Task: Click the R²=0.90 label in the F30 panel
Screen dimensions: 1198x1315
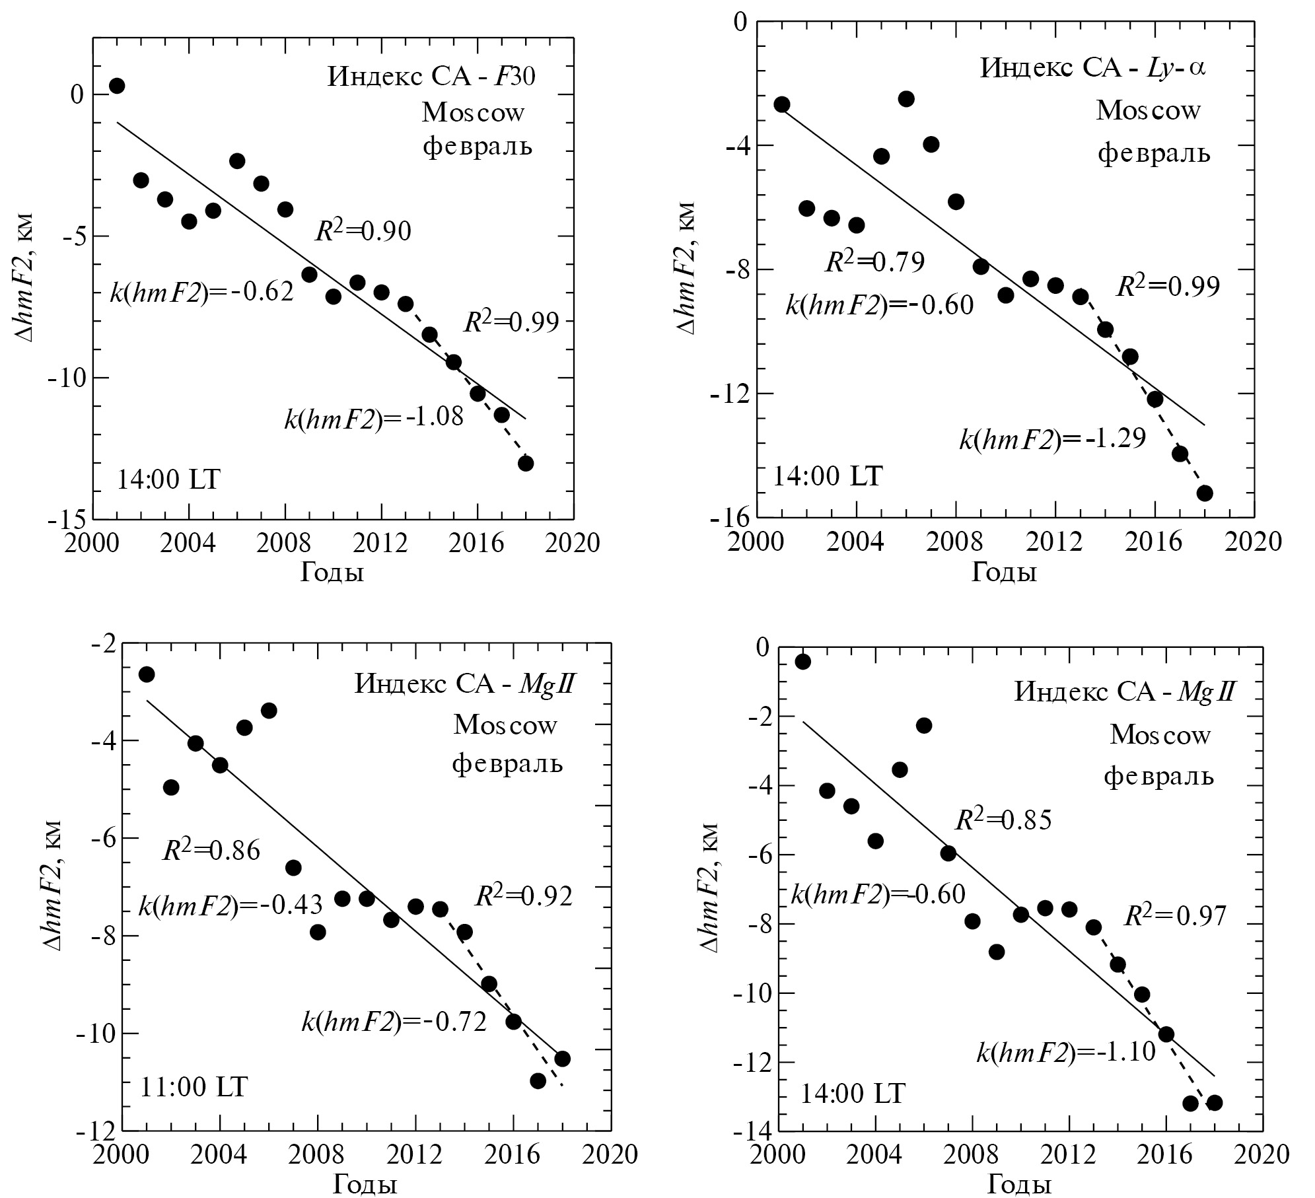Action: pyautogui.click(x=363, y=231)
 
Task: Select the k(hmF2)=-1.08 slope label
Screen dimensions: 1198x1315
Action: pyautogui.click(x=374, y=418)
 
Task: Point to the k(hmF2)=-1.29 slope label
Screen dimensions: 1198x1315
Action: pyautogui.click(x=1052, y=439)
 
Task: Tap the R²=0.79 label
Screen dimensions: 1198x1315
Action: pyautogui.click(x=875, y=262)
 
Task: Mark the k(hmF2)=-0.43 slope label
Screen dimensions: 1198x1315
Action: pyautogui.click(x=231, y=905)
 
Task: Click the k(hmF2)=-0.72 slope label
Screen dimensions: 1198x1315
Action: pyautogui.click(x=394, y=1022)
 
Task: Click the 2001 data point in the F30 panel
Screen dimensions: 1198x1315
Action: pyautogui.click(x=117, y=86)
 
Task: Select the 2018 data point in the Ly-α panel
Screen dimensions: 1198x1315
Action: pyautogui.click(x=1205, y=493)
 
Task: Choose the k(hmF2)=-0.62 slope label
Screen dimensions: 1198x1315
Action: pyautogui.click(x=201, y=292)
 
